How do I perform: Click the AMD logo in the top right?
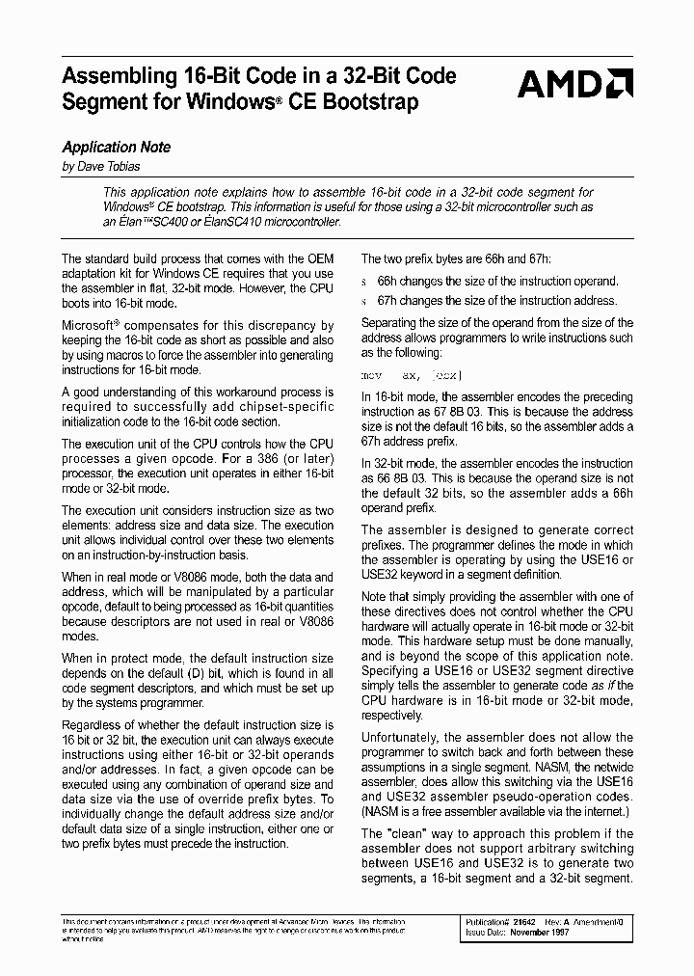[574, 85]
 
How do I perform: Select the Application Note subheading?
[116, 148]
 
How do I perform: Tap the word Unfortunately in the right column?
[400, 738]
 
